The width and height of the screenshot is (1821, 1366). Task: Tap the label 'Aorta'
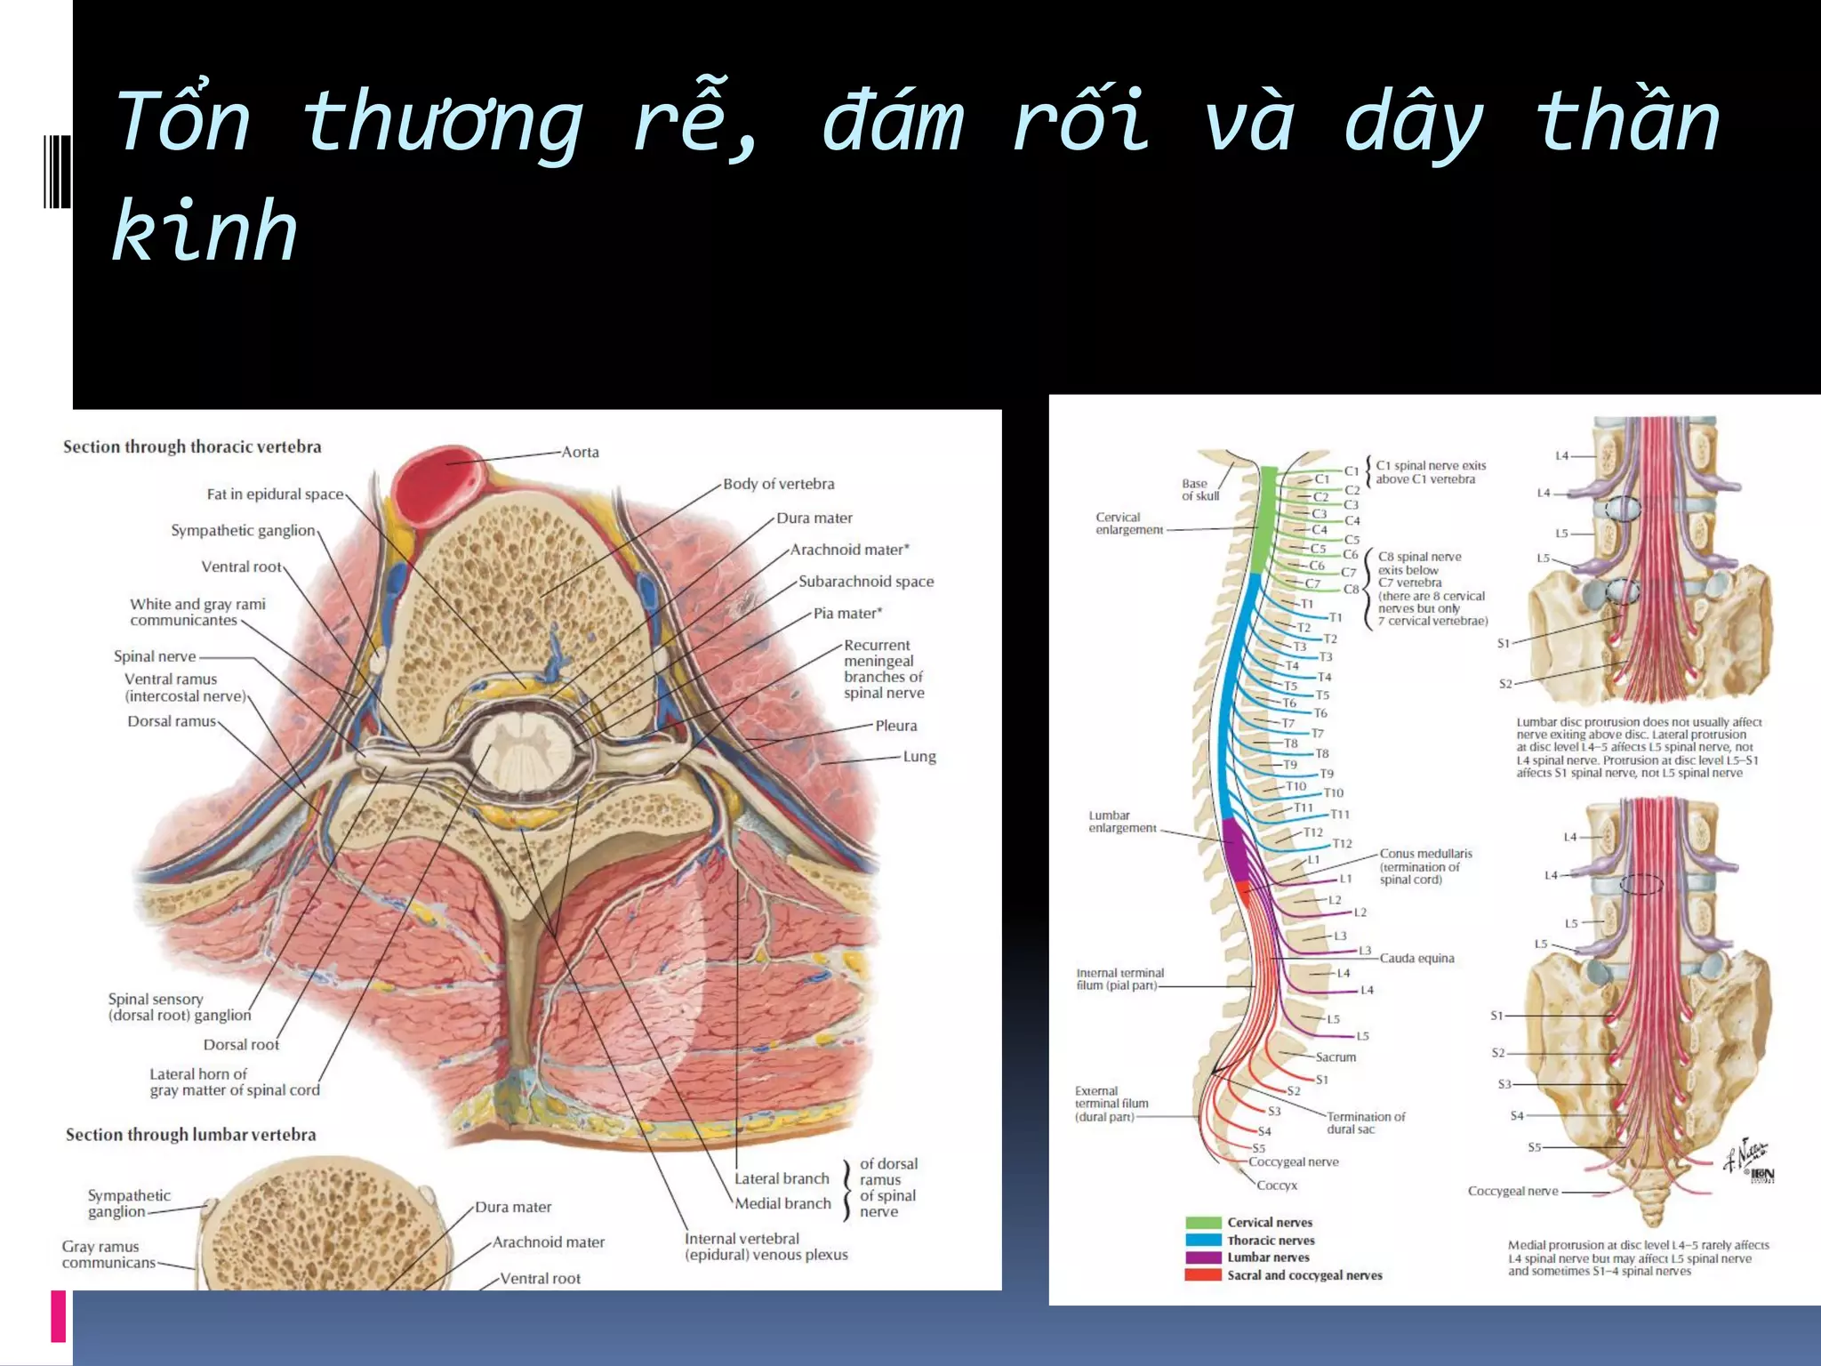[x=580, y=452]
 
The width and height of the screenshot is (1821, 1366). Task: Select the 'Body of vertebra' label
[x=778, y=484]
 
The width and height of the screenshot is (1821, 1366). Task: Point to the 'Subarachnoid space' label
[x=865, y=582]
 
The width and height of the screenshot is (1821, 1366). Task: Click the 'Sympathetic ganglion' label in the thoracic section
[x=243, y=531]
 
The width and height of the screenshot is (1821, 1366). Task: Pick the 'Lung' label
[x=919, y=757]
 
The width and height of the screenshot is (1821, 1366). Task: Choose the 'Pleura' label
[x=895, y=726]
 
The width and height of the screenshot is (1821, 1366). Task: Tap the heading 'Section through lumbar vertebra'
[x=190, y=1135]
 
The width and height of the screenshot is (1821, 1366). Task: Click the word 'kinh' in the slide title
[x=205, y=231]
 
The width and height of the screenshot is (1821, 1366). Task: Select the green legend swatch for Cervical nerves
[x=1202, y=1223]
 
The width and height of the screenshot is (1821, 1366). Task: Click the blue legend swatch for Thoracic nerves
[x=1202, y=1240]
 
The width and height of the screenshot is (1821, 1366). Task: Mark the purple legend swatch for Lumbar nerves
[x=1202, y=1258]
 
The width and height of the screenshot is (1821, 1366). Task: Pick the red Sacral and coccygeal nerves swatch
[x=1202, y=1275]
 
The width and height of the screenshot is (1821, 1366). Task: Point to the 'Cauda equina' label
[x=1416, y=959]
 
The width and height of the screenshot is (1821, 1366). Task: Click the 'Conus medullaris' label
[x=1425, y=854]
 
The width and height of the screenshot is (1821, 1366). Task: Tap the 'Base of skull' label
[x=1199, y=490]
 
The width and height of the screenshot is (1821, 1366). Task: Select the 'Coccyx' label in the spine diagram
[x=1277, y=1185]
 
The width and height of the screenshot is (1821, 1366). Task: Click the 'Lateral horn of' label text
[x=198, y=1074]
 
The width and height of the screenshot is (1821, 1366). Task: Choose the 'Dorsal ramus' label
[x=171, y=721]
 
